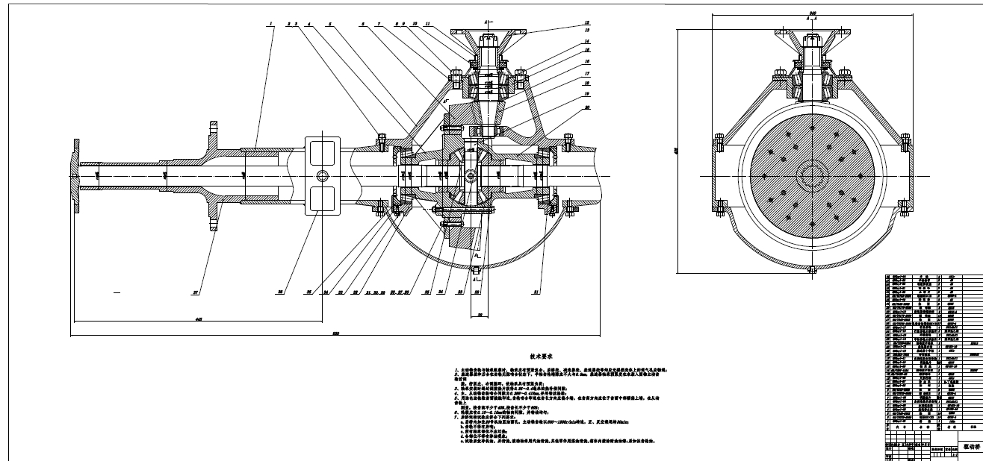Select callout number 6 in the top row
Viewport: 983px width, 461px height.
(x=363, y=24)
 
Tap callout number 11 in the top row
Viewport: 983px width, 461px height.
(x=427, y=24)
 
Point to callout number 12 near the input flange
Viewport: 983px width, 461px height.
(x=586, y=22)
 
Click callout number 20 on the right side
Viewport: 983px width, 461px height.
(x=588, y=107)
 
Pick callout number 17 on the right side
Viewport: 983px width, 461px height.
(x=588, y=74)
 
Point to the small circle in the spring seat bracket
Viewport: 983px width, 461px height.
(x=323, y=175)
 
